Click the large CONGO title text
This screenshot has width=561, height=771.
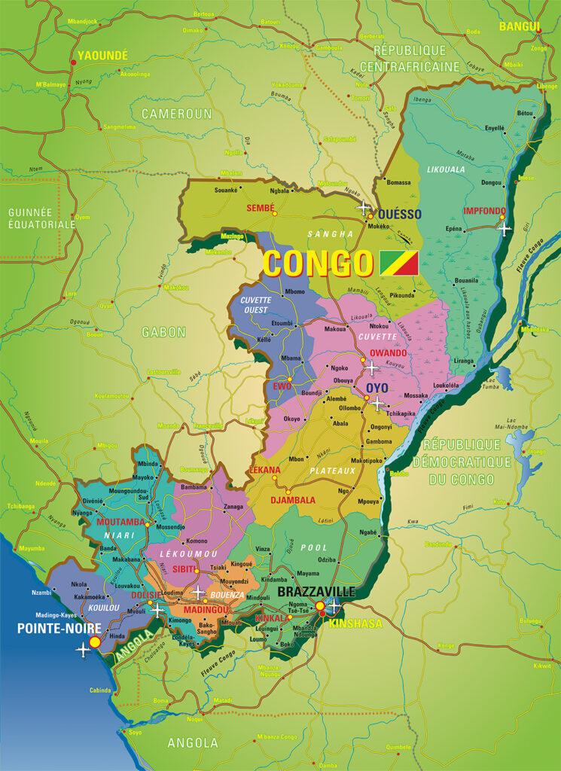318,264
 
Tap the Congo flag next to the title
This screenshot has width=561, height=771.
399,263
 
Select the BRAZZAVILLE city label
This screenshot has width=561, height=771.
316,592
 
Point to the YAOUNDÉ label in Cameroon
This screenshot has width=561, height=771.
103,55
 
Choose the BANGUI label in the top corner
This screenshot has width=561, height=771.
520,26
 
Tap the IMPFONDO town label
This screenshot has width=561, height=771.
484,211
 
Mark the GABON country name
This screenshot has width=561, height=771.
163,331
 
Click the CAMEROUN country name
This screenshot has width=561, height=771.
177,114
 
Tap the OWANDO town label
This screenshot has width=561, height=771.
388,352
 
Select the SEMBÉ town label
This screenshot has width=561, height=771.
261,208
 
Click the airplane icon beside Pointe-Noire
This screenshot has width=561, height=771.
82,648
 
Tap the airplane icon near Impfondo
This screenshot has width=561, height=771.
504,227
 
